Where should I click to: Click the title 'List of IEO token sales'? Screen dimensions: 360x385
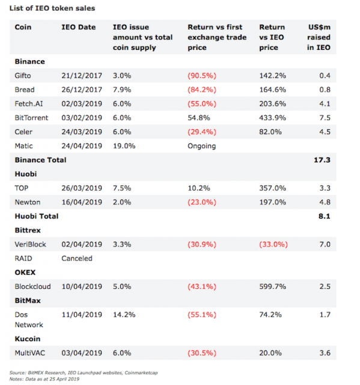tap(52, 8)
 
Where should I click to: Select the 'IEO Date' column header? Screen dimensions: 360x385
tap(79, 27)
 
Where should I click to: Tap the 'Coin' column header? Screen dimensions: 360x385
tap(23, 27)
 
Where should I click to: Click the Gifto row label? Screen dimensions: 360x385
tap(23, 76)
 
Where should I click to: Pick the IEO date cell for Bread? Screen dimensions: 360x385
tap(82, 90)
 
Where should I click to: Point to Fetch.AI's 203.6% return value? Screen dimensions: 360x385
tap(272, 103)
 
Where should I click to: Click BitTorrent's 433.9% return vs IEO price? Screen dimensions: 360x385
tap(272, 118)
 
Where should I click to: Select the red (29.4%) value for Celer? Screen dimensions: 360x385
tap(202, 132)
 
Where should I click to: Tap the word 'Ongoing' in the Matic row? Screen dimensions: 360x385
tap(201, 146)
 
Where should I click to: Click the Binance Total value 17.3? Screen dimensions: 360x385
tap(322, 160)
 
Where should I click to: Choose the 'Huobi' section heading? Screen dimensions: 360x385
tap(26, 174)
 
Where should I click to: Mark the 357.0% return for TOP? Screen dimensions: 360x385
tap(272, 188)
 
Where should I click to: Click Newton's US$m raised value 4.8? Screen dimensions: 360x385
tap(325, 202)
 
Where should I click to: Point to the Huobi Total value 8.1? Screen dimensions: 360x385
tap(324, 217)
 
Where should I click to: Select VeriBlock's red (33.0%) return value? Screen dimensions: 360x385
tap(273, 244)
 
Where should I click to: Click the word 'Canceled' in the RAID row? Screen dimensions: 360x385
tap(77, 258)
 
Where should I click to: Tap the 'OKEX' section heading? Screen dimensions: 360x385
tap(25, 273)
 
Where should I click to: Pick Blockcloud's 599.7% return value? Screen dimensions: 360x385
tap(272, 286)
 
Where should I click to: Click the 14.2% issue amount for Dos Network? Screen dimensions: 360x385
tap(124, 315)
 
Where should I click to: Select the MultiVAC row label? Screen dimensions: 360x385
tap(30, 353)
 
